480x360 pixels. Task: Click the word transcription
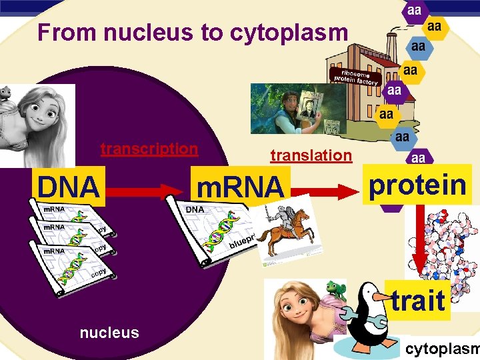pyautogui.click(x=149, y=149)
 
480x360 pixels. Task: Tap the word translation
pyautogui.click(x=310, y=155)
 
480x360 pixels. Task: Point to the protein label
pyautogui.click(x=417, y=185)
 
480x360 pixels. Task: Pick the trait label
pyautogui.click(x=418, y=300)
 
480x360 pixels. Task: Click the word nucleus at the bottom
pyautogui.click(x=109, y=332)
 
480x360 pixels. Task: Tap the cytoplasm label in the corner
pyautogui.click(x=442, y=349)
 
